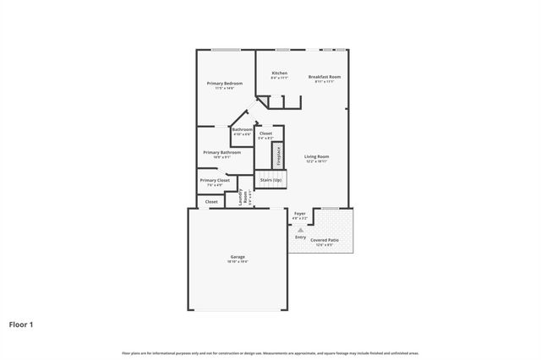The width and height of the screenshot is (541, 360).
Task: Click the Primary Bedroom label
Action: point(225,83)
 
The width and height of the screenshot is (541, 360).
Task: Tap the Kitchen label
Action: point(279,74)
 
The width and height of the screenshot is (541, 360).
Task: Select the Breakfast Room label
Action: point(324,77)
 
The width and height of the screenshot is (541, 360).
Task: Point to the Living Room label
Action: point(317,156)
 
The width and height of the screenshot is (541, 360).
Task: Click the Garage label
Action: point(238,256)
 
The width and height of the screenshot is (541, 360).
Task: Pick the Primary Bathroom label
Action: point(221,152)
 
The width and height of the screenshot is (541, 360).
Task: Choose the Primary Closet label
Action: point(215,180)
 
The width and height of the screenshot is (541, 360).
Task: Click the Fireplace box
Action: point(276,156)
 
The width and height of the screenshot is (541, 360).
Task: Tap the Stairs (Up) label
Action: point(271,180)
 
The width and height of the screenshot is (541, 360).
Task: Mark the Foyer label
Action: point(299,214)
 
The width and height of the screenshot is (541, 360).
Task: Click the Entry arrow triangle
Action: point(300,229)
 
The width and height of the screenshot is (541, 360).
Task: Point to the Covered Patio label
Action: point(325,240)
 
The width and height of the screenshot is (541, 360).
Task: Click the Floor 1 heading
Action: point(21,324)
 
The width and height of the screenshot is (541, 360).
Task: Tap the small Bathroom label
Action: point(242,129)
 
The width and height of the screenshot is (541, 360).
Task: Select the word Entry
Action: point(300,237)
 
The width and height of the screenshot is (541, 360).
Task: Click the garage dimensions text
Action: point(238,261)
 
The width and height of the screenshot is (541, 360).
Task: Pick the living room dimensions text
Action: point(317,161)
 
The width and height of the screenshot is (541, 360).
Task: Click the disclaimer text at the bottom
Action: point(270,352)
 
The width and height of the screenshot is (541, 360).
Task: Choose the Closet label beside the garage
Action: point(211,202)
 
